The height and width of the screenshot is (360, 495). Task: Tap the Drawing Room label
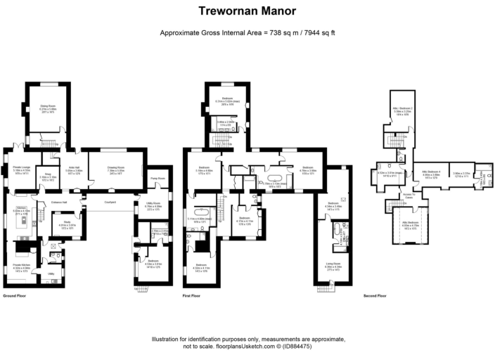pos(116,167)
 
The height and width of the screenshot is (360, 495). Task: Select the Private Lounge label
pos(22,167)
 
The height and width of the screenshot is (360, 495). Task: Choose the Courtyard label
pos(110,202)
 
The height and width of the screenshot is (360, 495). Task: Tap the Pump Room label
pos(157,179)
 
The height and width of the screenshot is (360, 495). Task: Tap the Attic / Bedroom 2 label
pos(402,108)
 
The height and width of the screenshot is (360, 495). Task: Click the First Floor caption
pos(191,296)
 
